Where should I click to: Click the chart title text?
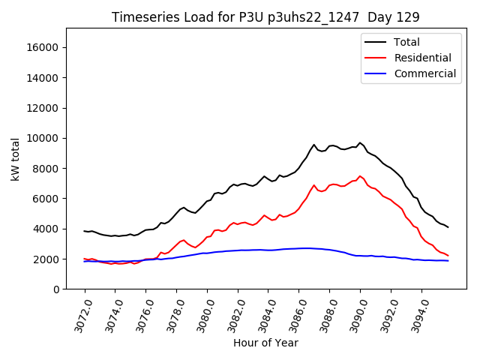265,16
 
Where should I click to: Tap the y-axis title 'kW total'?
15,159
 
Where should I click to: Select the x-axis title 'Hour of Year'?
265,343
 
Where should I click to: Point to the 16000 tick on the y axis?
43,47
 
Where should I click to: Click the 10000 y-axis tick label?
43,138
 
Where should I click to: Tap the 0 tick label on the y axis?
55,289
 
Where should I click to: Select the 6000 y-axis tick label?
46,199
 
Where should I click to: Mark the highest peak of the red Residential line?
360,176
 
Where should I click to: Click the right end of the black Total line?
448,227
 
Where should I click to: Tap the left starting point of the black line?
85,231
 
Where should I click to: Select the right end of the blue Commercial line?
448,260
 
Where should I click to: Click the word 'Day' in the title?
382,16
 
